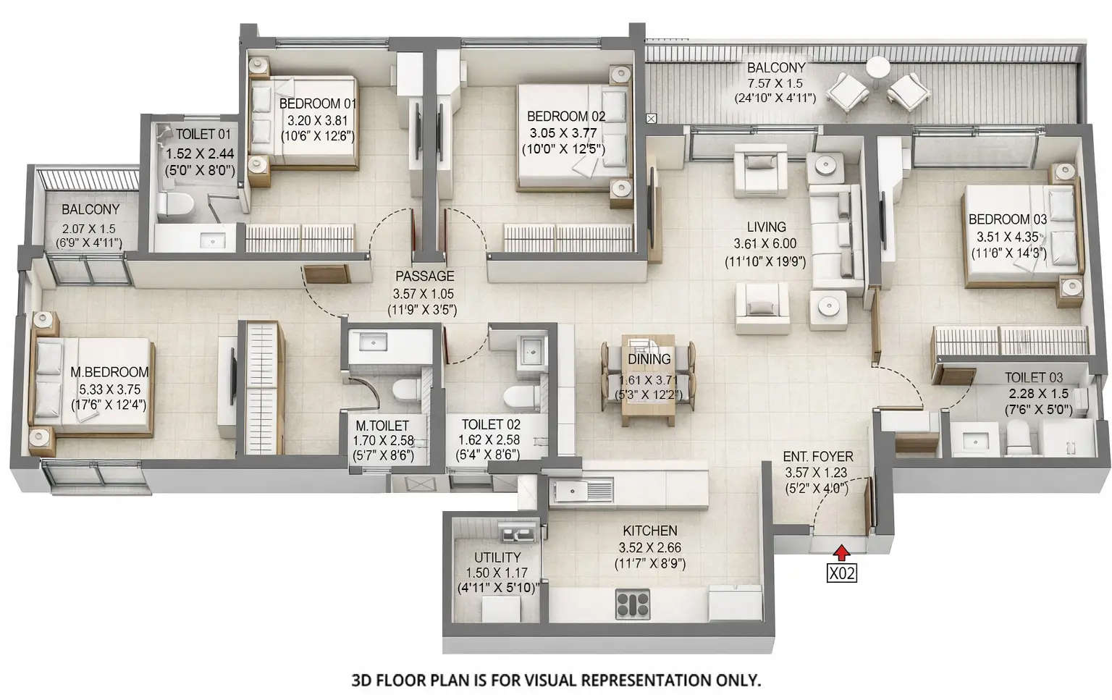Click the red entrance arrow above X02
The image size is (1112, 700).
(841, 553)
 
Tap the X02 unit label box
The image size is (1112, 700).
(841, 574)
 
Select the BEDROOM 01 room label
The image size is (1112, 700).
(318, 104)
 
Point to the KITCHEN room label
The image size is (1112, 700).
(649, 531)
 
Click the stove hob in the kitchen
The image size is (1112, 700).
(632, 604)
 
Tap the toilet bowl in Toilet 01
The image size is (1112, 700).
(174, 205)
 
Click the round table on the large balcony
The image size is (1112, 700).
(878, 67)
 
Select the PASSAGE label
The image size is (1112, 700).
(424, 276)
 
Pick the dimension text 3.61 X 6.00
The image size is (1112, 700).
(764, 245)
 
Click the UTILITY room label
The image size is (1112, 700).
(497, 557)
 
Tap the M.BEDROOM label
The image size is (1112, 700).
(109, 372)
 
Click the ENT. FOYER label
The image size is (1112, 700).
(817, 457)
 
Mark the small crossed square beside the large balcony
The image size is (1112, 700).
(651, 118)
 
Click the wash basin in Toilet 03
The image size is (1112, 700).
(966, 439)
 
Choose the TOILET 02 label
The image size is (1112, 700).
(490, 424)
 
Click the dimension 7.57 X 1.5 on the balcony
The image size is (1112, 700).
(775, 83)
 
